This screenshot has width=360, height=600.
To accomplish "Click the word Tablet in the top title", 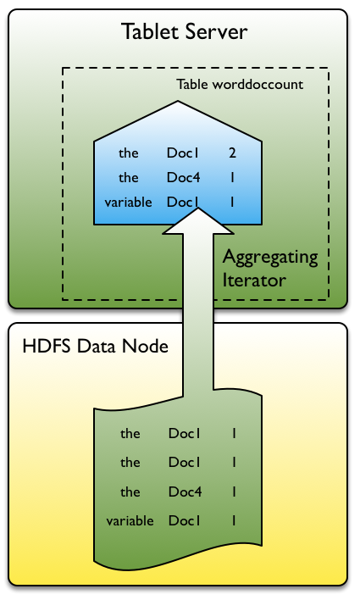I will point(149,33).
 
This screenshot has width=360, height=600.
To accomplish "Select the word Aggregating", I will point(269,257).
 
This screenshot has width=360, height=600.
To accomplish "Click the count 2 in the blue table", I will point(232,154).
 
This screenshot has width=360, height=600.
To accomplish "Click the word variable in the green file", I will point(130,521).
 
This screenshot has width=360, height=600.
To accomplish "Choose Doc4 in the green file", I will point(184,492).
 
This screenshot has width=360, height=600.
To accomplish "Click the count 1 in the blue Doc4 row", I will point(232,179).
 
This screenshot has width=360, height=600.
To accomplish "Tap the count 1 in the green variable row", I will point(234,521).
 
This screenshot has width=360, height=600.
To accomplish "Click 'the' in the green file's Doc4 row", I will point(130,492).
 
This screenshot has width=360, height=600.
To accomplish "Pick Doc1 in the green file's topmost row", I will point(184,433).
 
